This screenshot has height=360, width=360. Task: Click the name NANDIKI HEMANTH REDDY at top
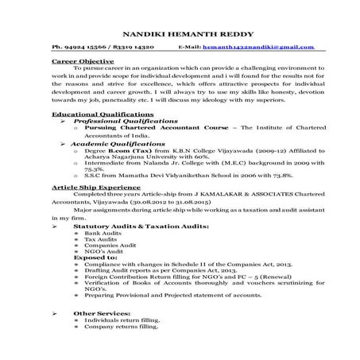180,35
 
